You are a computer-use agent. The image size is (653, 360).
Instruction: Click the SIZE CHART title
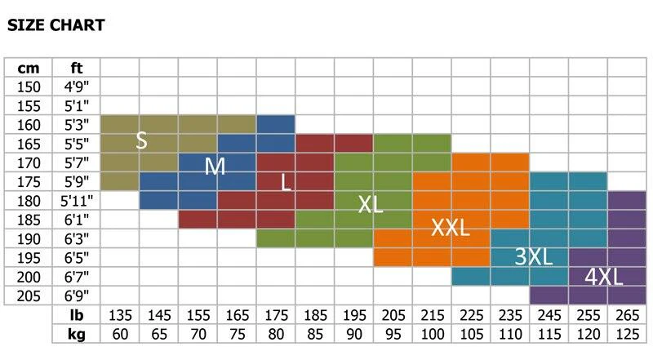pos(56,25)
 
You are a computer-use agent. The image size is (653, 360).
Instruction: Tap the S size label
pos(141,140)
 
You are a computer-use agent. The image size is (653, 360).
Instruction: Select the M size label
pos(215,167)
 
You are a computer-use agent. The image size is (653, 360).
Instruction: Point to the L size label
pos(286,182)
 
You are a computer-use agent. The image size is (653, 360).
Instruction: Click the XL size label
pos(370,205)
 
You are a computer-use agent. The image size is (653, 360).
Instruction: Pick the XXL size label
pos(451,228)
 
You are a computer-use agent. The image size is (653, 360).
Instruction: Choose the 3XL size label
pos(534,256)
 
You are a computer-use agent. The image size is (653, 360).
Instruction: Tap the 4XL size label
pos(604,277)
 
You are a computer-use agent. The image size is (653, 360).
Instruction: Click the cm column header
pos(29,68)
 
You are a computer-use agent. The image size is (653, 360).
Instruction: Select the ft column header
pos(77,68)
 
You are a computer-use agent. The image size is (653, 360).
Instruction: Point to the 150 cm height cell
pos(29,87)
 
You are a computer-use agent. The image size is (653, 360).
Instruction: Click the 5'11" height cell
pos(77,201)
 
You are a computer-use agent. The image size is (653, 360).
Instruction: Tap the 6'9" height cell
pos(77,296)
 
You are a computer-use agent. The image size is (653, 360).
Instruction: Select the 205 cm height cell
pos(29,296)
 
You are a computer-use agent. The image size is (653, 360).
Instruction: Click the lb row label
pos(77,315)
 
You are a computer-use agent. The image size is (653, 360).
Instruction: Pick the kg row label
pos(77,334)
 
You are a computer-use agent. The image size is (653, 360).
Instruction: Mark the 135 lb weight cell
pos(120,315)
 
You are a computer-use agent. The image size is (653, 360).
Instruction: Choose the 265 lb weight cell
pos(627,315)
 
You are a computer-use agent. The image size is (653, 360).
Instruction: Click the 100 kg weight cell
pos(432,334)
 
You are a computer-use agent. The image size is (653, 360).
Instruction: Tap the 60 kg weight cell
pos(120,334)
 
